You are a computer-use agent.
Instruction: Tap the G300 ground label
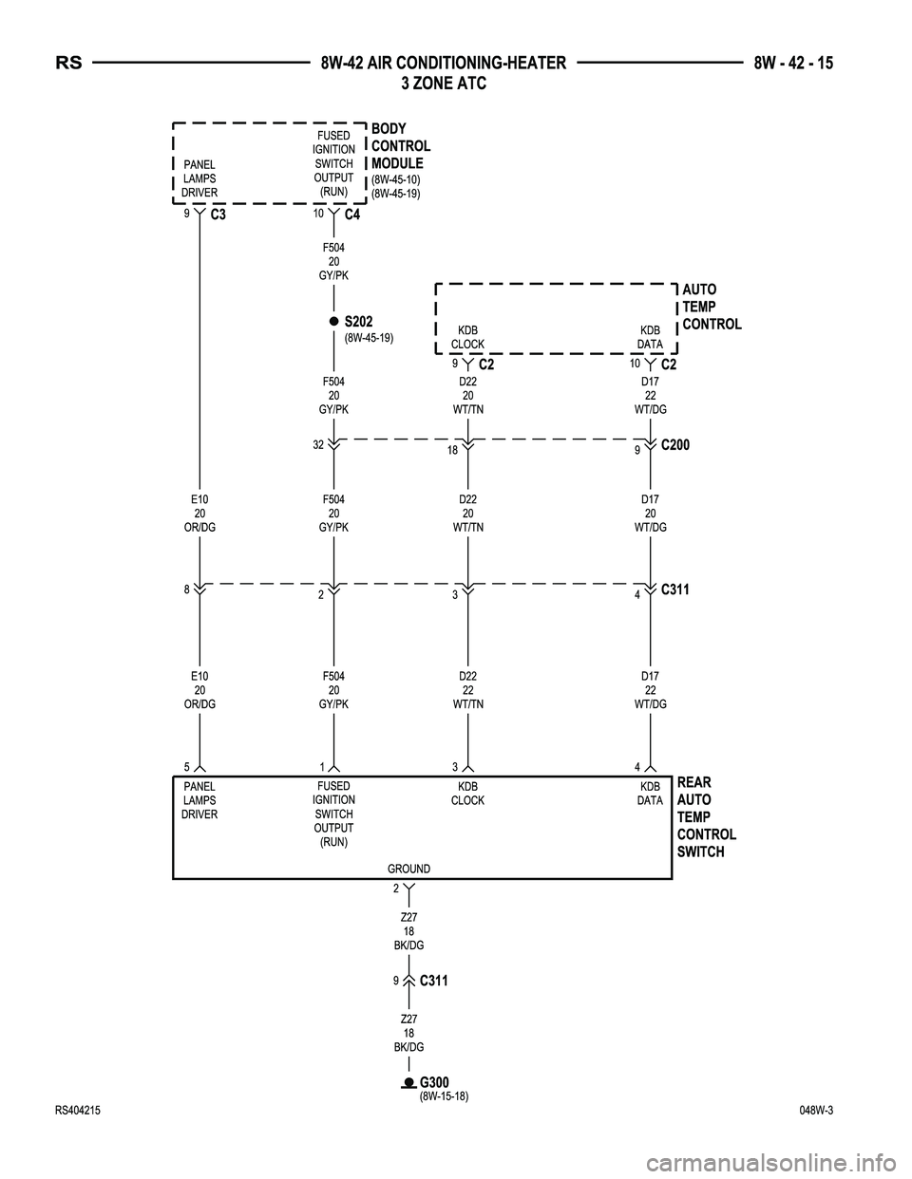click(434, 1082)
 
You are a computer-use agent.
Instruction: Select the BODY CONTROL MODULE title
click(400, 146)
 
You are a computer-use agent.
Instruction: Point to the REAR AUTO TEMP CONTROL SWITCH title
click(707, 816)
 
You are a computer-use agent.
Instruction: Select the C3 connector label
click(218, 215)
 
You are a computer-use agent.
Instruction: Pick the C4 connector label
click(352, 215)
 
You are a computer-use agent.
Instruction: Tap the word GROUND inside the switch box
click(408, 869)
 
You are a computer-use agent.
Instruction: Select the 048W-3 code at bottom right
click(822, 1111)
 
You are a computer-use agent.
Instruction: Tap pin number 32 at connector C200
click(318, 444)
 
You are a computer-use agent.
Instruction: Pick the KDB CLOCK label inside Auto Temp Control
click(467, 337)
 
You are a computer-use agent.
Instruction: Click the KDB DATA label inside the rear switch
click(650, 794)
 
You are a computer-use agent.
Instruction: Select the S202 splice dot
click(334, 322)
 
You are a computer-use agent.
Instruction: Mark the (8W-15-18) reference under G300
click(445, 1095)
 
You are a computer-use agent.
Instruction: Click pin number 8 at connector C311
click(187, 589)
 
